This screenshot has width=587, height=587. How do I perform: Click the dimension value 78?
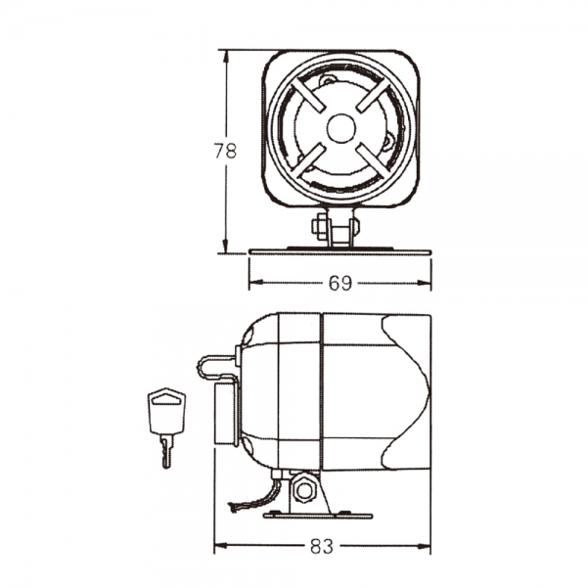pyautogui.click(x=226, y=151)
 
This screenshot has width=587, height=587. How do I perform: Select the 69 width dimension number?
pyautogui.click(x=339, y=284)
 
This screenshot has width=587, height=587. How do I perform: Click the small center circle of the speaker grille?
pyautogui.click(x=339, y=127)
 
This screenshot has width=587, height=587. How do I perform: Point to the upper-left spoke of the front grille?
pyautogui.click(x=305, y=94)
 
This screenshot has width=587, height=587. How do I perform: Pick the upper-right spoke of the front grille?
pyautogui.click(x=374, y=94)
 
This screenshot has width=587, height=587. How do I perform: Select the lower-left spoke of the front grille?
pyautogui.click(x=306, y=161)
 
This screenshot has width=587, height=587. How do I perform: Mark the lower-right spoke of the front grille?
pyautogui.click(x=374, y=161)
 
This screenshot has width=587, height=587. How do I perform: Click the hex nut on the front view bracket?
pyautogui.click(x=321, y=227)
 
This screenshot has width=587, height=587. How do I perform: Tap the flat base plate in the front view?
pyautogui.click(x=339, y=251)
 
